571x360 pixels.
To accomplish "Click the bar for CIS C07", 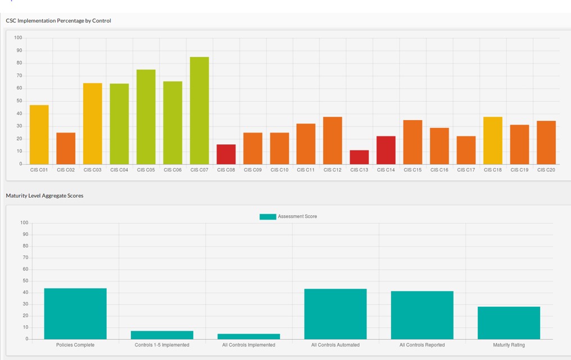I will pyautogui.click(x=199, y=111).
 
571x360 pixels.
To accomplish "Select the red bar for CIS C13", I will pyautogui.click(x=359, y=157).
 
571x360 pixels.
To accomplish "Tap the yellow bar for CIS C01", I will pyautogui.click(x=39, y=135).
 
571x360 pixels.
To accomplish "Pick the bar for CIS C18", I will pyautogui.click(x=493, y=140).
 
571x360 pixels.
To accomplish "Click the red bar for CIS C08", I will pyautogui.click(x=226, y=154).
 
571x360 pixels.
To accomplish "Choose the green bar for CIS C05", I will pyautogui.click(x=146, y=117).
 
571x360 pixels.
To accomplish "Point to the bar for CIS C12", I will pyautogui.click(x=333, y=140).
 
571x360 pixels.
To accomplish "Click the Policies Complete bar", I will pyautogui.click(x=75, y=313).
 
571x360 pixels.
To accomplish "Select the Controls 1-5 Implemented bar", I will pyautogui.click(x=162, y=335).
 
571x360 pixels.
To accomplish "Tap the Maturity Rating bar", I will pyautogui.click(x=509, y=323).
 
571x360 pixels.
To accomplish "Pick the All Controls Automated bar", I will pyautogui.click(x=336, y=314).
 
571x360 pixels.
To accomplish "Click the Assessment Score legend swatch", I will pyautogui.click(x=268, y=217).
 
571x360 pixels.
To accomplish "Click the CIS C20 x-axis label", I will pyautogui.click(x=546, y=170).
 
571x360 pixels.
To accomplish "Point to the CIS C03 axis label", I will pyautogui.click(x=93, y=170).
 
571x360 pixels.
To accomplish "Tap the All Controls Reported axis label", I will pyautogui.click(x=422, y=345).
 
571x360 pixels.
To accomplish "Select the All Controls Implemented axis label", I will pyautogui.click(x=248, y=345).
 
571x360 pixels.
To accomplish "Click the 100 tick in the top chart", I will pyautogui.click(x=18, y=38).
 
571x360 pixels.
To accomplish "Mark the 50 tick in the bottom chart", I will pyautogui.click(x=25, y=281).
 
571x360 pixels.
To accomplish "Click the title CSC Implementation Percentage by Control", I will pyautogui.click(x=58, y=21).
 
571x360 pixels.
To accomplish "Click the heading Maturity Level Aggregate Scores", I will pyautogui.click(x=44, y=196).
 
